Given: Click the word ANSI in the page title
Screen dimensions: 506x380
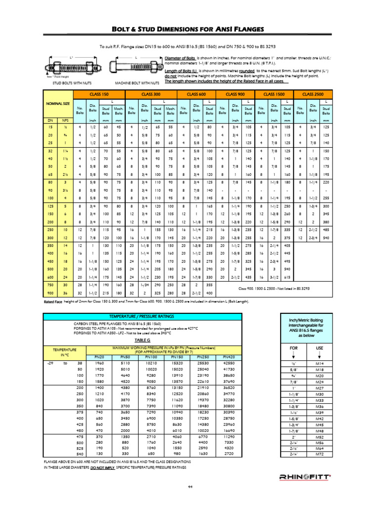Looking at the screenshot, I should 228,29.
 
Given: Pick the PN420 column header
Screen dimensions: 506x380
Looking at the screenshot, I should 229,356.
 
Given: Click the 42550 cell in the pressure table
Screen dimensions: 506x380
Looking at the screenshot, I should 229,363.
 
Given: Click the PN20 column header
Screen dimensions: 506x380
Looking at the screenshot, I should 98,356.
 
